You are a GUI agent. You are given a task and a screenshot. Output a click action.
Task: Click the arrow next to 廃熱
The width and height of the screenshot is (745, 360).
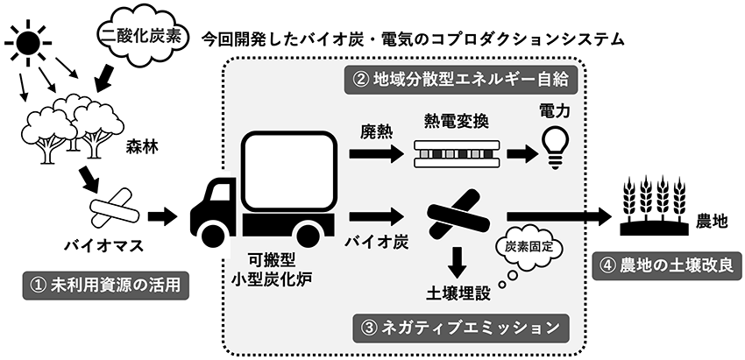click(373, 154)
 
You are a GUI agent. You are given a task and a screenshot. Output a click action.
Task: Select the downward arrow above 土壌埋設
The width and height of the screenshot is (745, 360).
click(456, 259)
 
